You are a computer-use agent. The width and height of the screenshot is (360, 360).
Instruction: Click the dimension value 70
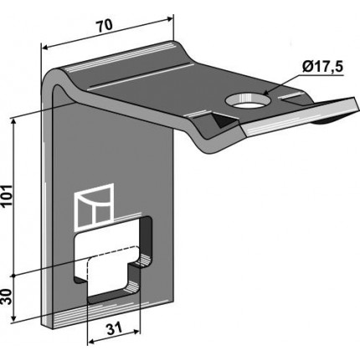(105, 26)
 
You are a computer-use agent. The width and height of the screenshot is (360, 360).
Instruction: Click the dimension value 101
(8, 195)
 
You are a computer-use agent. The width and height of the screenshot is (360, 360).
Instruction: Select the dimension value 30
(8, 296)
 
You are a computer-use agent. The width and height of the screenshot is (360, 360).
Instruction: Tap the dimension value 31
(115, 328)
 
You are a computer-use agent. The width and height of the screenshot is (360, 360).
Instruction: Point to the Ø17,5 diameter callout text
(321, 68)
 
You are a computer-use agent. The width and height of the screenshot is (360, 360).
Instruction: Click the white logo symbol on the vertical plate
(95, 208)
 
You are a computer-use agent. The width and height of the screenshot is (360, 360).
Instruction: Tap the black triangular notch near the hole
(223, 121)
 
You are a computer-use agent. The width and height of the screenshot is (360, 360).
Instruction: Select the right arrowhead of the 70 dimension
(170, 19)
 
